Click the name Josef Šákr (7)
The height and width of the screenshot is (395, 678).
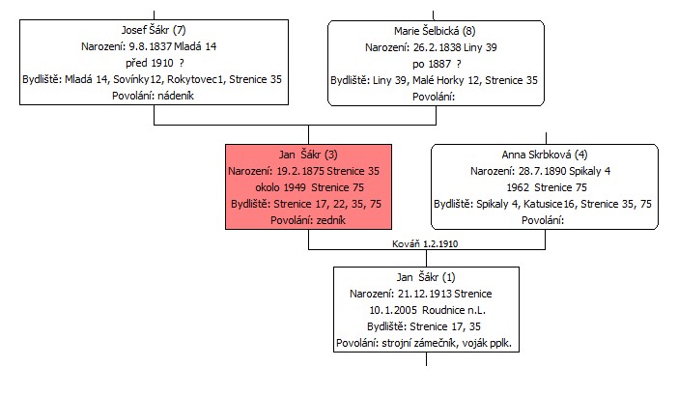point(154,30)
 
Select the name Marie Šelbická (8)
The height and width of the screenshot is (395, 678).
point(435,31)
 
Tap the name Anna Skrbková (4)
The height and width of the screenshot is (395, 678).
point(545,155)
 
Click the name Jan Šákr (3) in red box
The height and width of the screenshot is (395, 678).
point(308,155)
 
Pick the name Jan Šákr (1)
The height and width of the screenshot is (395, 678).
point(426,277)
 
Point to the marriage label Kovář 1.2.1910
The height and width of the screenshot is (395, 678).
point(425,243)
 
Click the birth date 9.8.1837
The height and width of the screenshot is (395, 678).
point(151,46)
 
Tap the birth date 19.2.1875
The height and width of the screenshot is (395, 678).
point(300,171)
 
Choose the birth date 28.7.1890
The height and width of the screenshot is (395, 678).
point(543,171)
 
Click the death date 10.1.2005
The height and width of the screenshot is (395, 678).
point(393,310)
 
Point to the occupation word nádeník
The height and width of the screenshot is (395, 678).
point(176,96)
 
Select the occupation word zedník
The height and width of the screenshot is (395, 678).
point(330,220)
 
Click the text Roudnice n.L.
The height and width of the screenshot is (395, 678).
point(454,310)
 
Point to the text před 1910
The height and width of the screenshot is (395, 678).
point(150,63)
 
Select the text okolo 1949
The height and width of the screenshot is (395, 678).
point(281,187)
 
